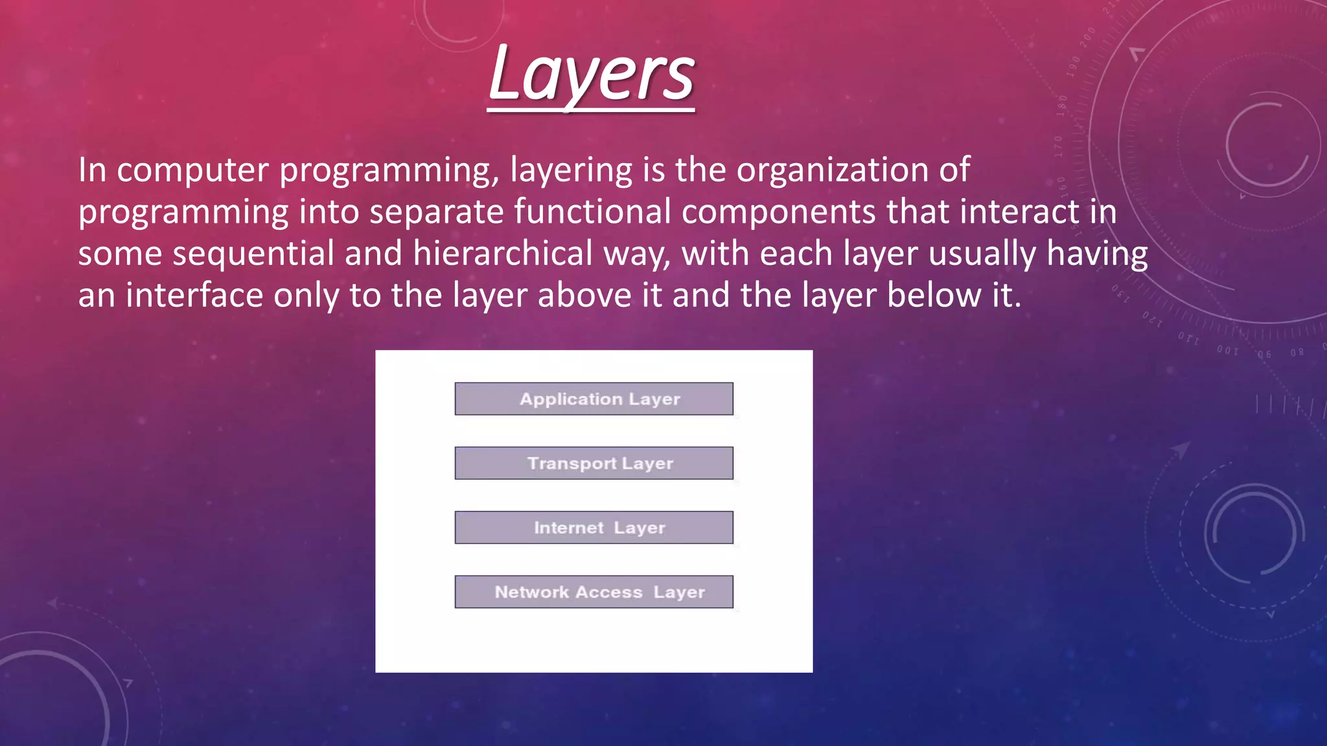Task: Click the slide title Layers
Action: (591, 74)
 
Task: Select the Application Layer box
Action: (594, 399)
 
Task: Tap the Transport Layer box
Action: (594, 463)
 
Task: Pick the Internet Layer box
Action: (594, 528)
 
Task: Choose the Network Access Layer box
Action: (594, 592)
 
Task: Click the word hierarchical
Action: (502, 254)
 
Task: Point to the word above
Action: (584, 295)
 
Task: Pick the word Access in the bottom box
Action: (608, 592)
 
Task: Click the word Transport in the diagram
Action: (571, 464)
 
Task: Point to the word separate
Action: (436, 212)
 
